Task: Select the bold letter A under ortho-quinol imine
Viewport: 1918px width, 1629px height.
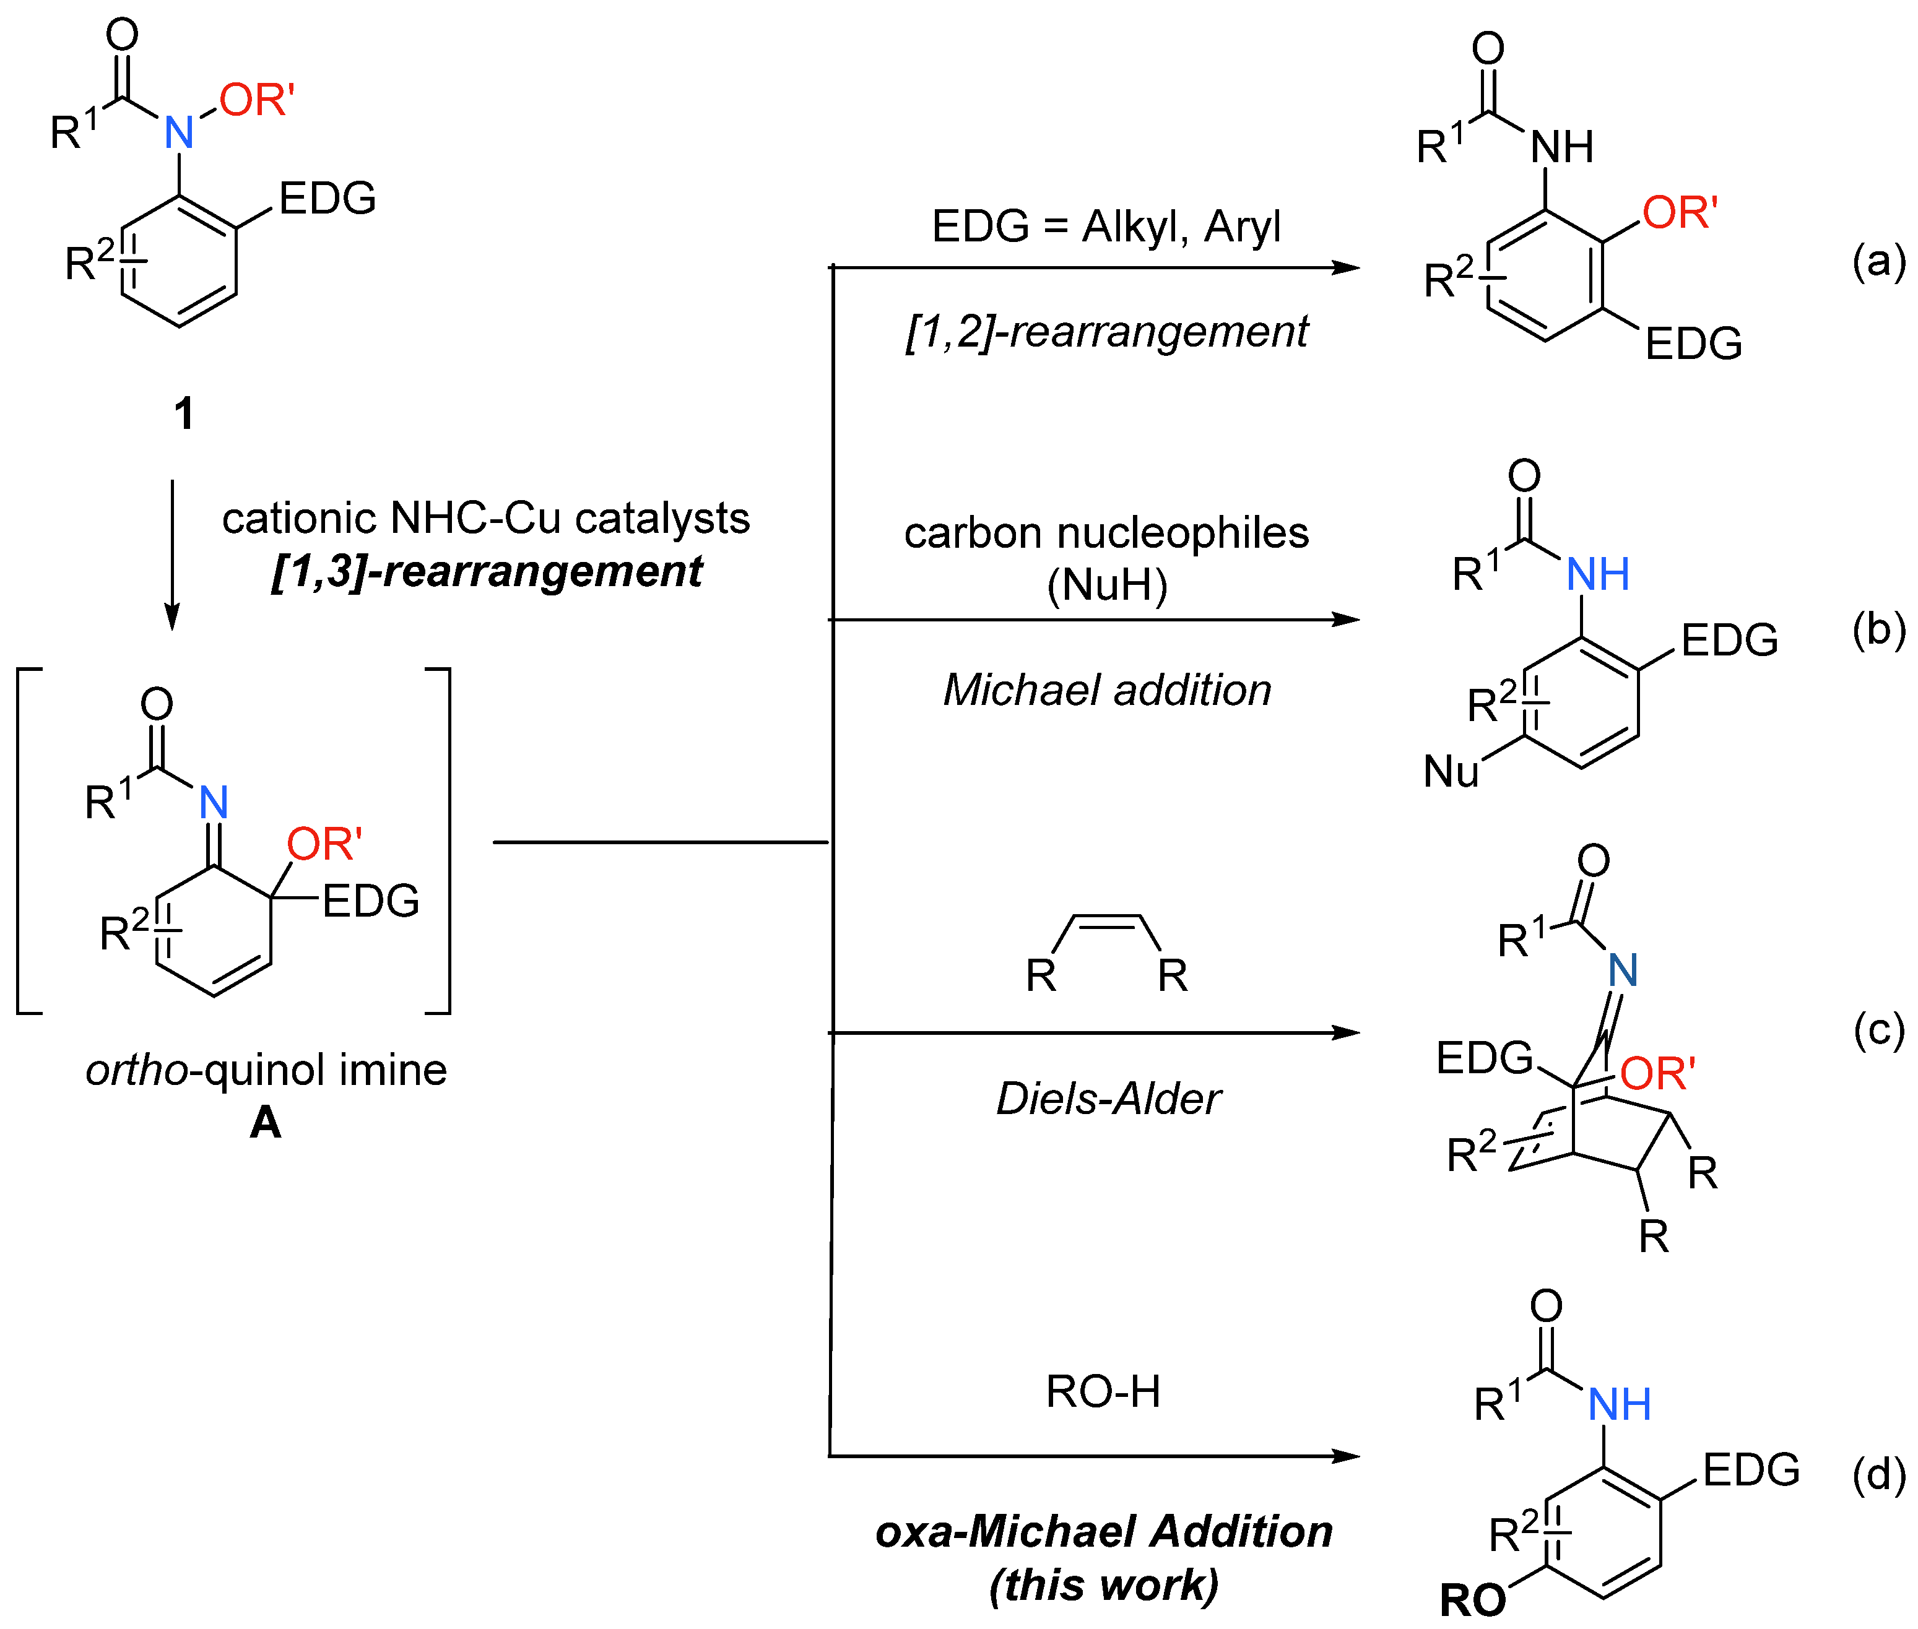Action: [265, 1122]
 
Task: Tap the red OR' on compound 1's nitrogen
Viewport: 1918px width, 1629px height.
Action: [256, 100]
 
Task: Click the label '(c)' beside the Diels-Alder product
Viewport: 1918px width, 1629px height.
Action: [1878, 1030]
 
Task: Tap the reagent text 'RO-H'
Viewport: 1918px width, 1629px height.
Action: [1103, 1392]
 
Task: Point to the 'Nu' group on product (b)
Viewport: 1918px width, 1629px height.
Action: [1451, 771]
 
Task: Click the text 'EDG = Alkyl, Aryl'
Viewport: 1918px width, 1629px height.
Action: [1106, 227]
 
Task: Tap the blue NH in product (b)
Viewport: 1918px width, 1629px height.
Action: [1597, 574]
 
